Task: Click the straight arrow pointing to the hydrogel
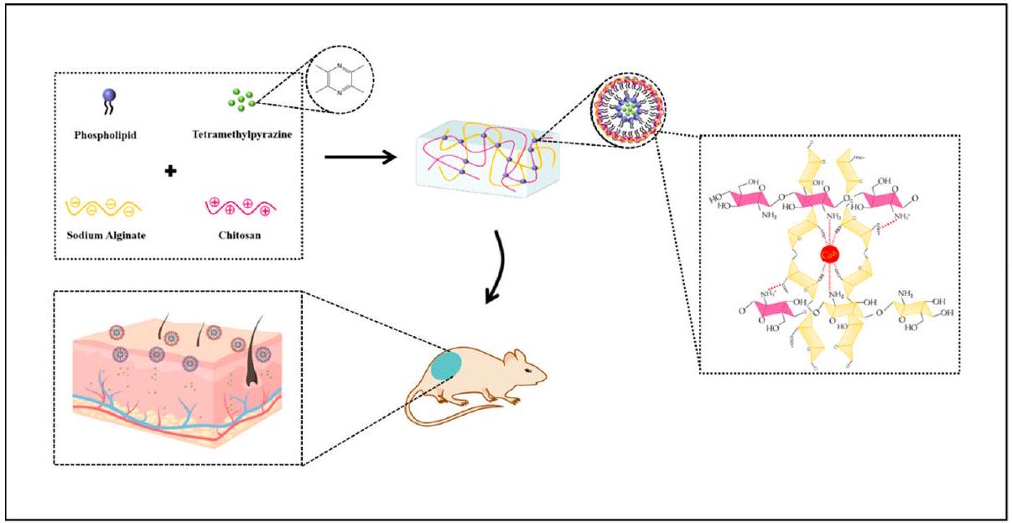point(360,155)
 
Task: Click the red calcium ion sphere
point(829,253)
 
